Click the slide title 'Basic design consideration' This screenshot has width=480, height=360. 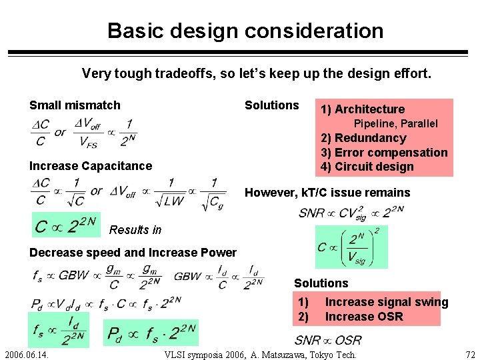tap(245, 31)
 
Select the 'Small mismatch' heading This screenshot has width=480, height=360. tap(75, 105)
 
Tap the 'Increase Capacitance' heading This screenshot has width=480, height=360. tap(91, 166)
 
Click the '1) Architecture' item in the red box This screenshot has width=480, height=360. tap(363, 109)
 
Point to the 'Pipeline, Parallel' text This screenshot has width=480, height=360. tap(395, 124)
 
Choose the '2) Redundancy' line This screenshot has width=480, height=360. tap(363, 138)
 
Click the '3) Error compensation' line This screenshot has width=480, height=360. tap(384, 153)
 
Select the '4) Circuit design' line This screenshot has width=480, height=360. tap(367, 167)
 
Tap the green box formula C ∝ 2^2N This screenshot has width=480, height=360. tap(65, 225)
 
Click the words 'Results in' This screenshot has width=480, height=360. tap(135, 230)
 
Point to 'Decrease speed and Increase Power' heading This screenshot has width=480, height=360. tap(133, 253)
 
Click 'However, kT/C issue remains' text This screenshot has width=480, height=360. tap(327, 193)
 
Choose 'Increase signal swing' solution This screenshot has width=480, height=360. tap(387, 303)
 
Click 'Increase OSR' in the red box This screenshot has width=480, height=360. tap(364, 317)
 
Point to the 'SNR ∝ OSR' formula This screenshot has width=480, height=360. tap(329, 339)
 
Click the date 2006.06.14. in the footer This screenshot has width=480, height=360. tap(27, 354)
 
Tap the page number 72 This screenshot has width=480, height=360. tap(469, 354)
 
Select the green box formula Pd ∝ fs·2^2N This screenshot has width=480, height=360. tap(151, 333)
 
